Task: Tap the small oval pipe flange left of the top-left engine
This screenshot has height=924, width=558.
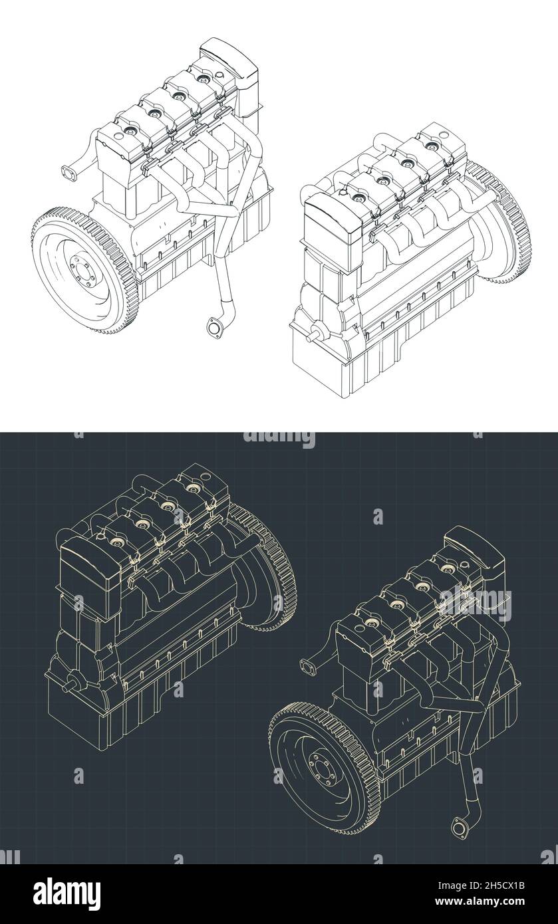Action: [68, 175]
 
